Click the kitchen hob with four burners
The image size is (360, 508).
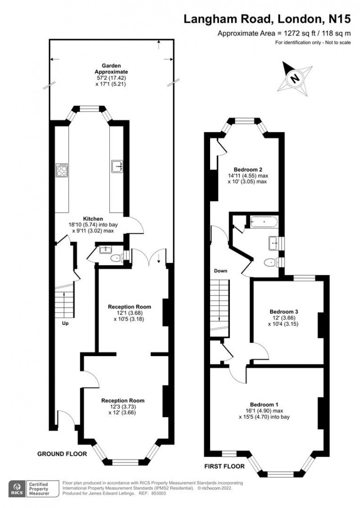[62, 170]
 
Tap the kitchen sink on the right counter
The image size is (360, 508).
[117, 166]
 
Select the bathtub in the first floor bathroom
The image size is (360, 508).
[264, 222]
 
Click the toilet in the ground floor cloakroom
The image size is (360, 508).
[116, 258]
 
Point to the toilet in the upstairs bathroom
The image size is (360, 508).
[270, 262]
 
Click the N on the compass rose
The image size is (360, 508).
[294, 78]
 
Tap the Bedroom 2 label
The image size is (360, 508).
[248, 169]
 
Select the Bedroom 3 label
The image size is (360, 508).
[284, 312]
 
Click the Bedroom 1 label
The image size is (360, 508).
[264, 404]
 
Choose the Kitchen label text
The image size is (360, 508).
[93, 218]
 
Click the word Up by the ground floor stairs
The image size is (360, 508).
[65, 323]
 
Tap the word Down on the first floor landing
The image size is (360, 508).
[220, 271]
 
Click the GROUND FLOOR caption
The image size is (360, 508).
[62, 454]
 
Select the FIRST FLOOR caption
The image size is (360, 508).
[225, 466]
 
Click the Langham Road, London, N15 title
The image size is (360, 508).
[267, 19]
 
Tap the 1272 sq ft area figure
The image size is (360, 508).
[297, 33]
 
